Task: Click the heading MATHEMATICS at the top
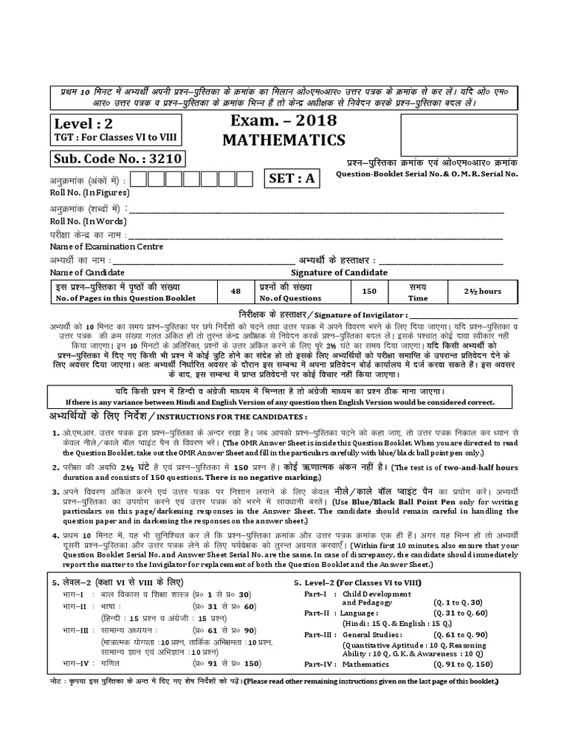(284, 140)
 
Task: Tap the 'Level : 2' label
(83, 123)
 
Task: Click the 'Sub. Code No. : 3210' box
(117, 159)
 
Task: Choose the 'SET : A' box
(291, 179)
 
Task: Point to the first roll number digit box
(137, 179)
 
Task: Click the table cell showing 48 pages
(236, 292)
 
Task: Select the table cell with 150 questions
(369, 292)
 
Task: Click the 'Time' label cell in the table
(418, 298)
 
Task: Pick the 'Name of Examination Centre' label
(106, 246)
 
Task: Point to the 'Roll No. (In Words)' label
(87, 220)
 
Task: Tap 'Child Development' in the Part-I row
(382, 594)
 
